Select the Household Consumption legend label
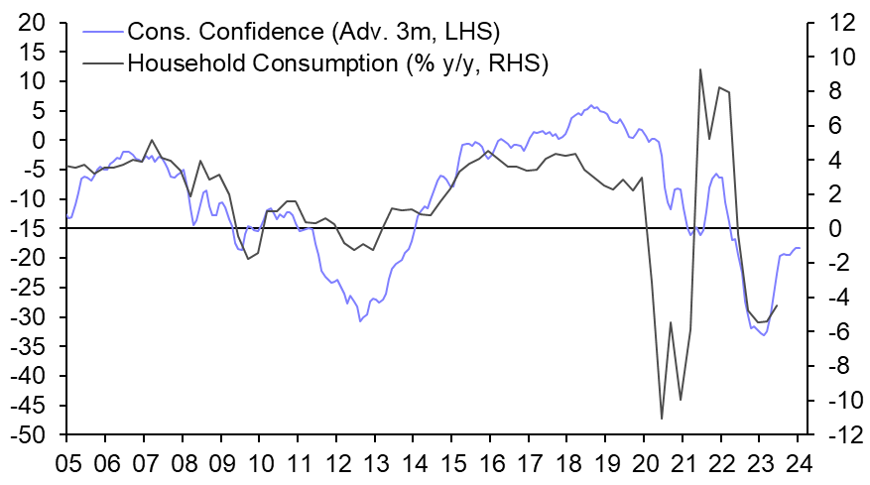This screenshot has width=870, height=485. pyautogui.click(x=338, y=62)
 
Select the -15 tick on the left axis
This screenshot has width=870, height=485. pyautogui.click(x=36, y=228)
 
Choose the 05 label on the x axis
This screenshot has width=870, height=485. pyautogui.click(x=66, y=462)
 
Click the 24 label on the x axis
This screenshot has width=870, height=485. pyautogui.click(x=802, y=462)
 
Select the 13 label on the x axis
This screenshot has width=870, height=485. pyautogui.click(x=376, y=462)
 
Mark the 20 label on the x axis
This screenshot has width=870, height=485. pyautogui.click(x=647, y=462)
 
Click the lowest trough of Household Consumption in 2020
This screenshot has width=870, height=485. pyautogui.click(x=662, y=419)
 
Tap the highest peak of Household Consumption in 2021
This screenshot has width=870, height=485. pyautogui.click(x=700, y=69)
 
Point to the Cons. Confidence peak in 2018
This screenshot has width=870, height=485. pyautogui.click(x=592, y=105)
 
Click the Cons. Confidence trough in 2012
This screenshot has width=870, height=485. pyautogui.click(x=360, y=320)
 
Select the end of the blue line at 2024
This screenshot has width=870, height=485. pyautogui.click(x=800, y=248)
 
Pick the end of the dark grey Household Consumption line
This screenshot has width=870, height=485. pyautogui.click(x=777, y=305)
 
